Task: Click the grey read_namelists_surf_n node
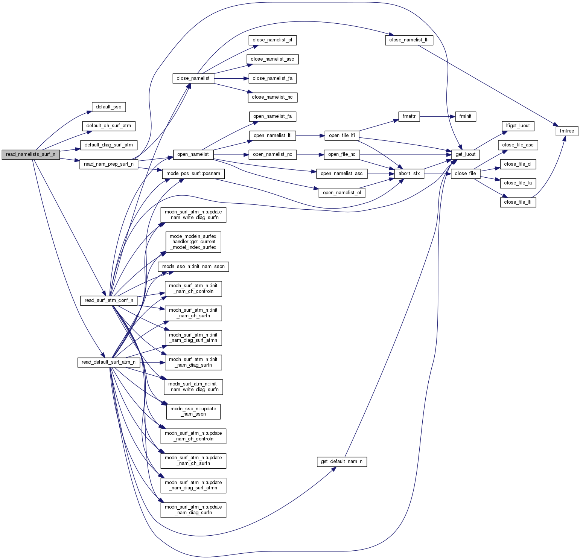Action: point(30,154)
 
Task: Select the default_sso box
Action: point(108,107)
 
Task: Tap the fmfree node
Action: point(567,131)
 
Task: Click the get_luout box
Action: point(466,154)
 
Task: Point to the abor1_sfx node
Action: point(409,174)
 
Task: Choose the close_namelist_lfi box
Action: point(409,40)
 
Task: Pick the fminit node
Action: point(465,116)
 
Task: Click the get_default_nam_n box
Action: point(342,462)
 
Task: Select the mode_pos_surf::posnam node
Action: point(193,174)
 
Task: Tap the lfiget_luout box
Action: point(518,126)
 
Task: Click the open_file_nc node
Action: point(342,154)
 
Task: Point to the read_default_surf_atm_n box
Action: point(108,362)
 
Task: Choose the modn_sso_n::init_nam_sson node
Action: point(193,267)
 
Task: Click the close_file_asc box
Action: point(518,145)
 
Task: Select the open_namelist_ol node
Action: point(342,193)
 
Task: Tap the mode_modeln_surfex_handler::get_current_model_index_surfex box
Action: point(193,242)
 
